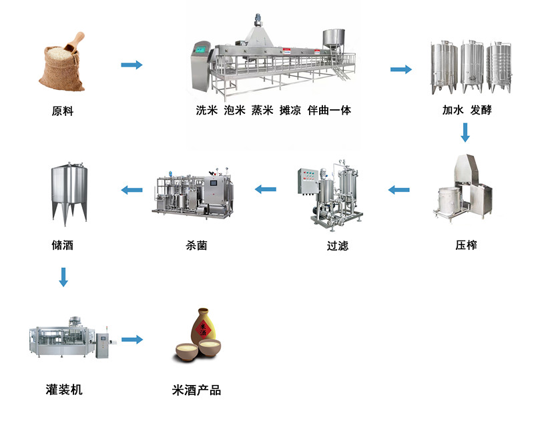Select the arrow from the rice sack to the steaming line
tap(131, 65)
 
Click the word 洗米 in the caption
tap(207, 111)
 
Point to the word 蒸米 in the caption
tap(262, 111)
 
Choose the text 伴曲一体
tap(329, 111)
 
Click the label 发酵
tap(481, 111)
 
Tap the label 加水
tap(453, 111)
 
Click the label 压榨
tap(466, 245)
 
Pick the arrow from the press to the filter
tap(399, 190)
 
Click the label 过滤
tap(337, 246)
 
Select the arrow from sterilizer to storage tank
tap(132, 190)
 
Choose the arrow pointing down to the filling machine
tap(63, 276)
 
